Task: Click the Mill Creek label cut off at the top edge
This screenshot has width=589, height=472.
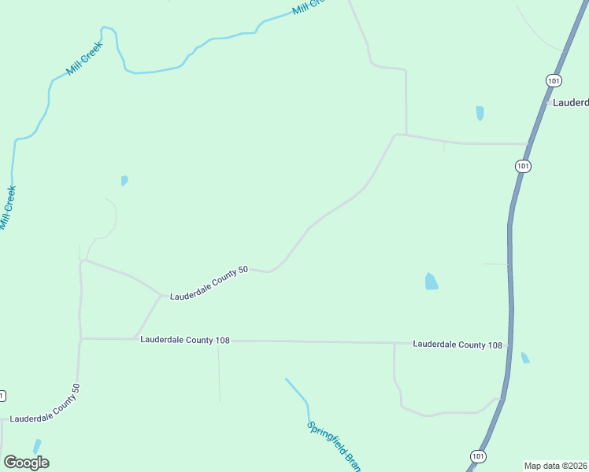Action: tap(308, 6)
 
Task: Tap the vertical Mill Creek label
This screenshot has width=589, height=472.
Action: tap(8, 208)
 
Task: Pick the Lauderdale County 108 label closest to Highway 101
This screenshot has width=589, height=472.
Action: tap(457, 345)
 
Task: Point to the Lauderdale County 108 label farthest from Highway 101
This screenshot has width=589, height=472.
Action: tap(185, 340)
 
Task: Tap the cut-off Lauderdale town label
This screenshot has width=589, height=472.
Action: tap(570, 103)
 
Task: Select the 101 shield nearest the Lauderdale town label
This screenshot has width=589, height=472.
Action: tap(554, 81)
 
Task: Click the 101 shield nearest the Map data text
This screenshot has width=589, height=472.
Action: tap(478, 456)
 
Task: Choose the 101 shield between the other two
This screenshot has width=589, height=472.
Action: tap(524, 166)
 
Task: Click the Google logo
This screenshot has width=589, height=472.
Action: tap(26, 463)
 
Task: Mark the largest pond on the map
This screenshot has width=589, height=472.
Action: tap(431, 281)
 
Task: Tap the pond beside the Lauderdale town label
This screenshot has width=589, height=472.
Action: tap(480, 113)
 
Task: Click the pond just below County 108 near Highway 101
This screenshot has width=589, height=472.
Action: tap(525, 358)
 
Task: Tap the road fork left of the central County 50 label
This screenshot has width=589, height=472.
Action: tap(162, 296)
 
